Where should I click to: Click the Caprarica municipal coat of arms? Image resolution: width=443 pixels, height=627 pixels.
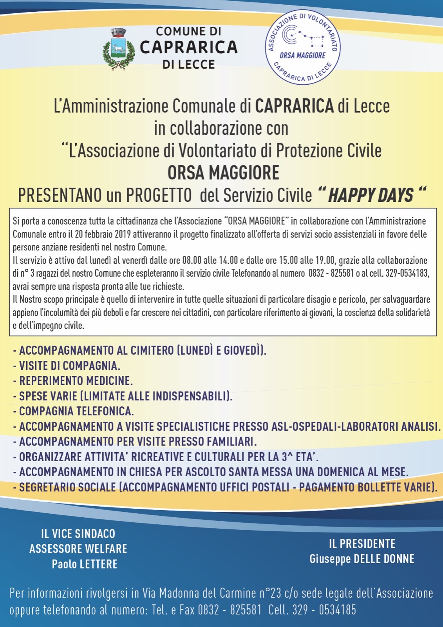pos(118,49)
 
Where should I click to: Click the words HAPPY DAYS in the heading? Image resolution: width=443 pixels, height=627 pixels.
pos(371,195)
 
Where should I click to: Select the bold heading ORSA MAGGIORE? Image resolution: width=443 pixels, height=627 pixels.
pos(223,173)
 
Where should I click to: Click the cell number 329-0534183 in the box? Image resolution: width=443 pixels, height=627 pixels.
pos(407,273)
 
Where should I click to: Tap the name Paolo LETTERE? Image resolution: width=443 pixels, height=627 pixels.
pos(85,564)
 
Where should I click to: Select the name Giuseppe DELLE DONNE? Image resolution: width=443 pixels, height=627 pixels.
pos(362,558)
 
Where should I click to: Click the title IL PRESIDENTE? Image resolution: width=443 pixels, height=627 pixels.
pos(362,544)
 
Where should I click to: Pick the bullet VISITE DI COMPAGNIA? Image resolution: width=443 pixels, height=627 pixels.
pos(69,366)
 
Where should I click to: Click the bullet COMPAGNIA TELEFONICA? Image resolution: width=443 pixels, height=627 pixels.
pos(76,411)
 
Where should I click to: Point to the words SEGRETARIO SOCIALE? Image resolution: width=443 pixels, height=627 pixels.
pos(67,487)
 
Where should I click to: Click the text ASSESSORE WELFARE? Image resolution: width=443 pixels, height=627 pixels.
pos(78,549)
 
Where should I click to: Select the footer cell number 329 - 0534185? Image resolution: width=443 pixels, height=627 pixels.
pos(324,610)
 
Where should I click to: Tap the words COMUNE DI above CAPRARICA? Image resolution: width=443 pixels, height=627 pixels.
pos(188,31)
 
